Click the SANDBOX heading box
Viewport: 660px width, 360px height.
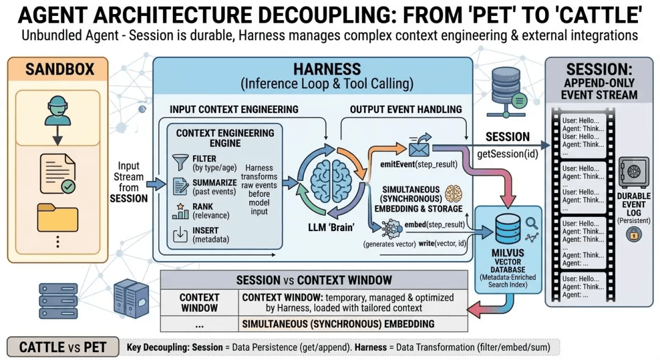click(60, 68)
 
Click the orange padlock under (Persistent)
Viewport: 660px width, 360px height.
click(633, 233)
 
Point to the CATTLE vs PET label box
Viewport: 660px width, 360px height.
click(63, 347)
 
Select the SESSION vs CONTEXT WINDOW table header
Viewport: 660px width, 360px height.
click(313, 281)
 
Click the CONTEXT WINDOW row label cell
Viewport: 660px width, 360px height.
click(199, 303)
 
